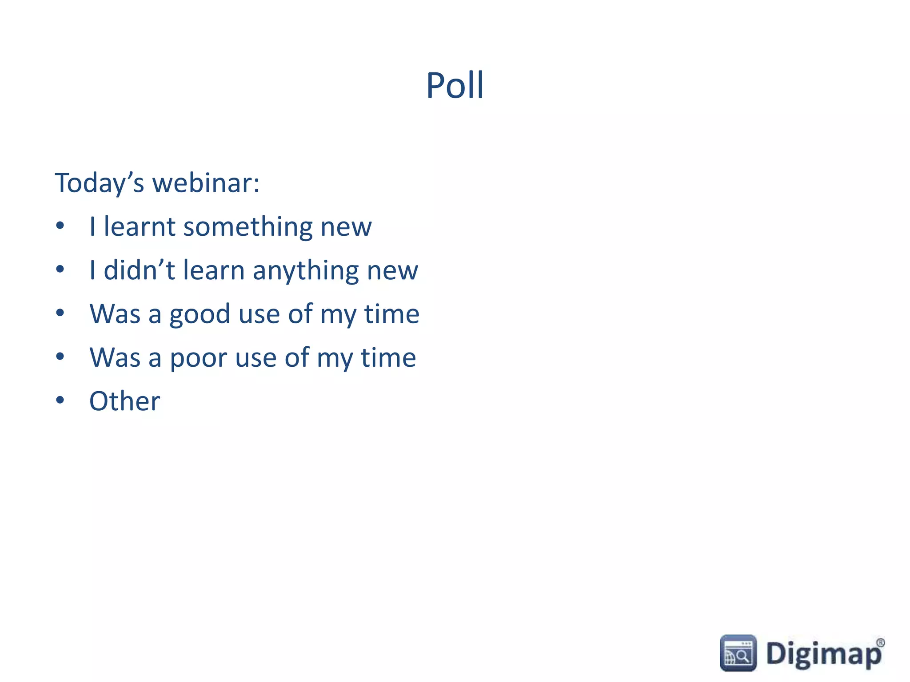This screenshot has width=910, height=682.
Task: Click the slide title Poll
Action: (455, 85)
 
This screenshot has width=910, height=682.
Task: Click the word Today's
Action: (99, 183)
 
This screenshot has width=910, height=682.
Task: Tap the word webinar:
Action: (206, 183)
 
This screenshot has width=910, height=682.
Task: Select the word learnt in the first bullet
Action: (140, 226)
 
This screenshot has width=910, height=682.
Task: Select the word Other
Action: (124, 401)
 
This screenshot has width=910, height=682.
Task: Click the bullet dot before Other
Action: (60, 400)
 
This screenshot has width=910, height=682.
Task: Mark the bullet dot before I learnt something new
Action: (60, 226)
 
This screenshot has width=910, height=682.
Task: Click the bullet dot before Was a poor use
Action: (60, 357)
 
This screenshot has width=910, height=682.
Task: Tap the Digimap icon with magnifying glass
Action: (738, 653)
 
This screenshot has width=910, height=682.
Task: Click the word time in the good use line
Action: (391, 314)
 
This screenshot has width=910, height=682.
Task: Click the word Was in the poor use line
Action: (115, 357)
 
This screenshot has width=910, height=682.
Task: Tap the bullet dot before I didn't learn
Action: (60, 270)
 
